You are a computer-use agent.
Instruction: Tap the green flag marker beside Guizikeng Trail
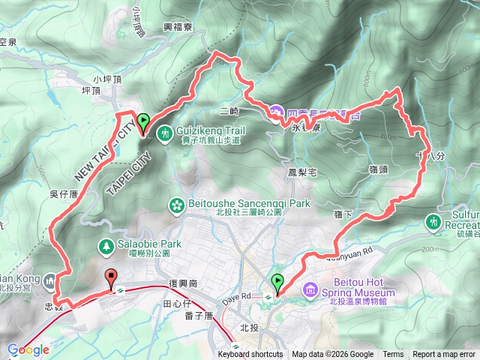pos(142,121)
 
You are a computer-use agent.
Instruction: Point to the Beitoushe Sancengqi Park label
pos(247,203)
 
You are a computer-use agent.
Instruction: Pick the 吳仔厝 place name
pos(43,193)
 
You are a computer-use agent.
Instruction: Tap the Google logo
pos(28,349)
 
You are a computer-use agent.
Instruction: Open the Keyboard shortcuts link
pos(250,355)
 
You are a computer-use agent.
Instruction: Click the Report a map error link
pos(445,355)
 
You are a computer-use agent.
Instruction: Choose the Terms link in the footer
pos(393,355)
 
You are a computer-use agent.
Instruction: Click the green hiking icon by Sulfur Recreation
pos(433,222)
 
